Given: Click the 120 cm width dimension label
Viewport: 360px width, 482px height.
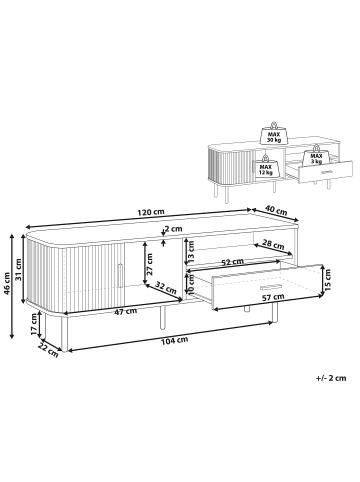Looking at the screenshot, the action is click(151, 212).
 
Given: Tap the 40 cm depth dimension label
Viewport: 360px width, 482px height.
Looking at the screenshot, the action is click(276, 210).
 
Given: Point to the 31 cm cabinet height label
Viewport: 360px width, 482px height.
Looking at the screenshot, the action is click(18, 270).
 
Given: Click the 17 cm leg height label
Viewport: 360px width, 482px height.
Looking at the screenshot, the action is click(34, 326).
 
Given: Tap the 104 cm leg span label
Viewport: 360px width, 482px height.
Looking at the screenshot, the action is click(174, 341).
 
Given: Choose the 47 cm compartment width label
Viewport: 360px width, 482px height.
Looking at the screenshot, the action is click(126, 312).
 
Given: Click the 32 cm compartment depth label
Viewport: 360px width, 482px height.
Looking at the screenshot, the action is click(166, 287).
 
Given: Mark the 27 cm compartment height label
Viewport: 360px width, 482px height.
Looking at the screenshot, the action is click(150, 264).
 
